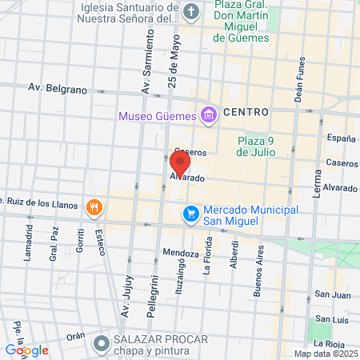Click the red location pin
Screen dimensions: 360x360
pos(180,162)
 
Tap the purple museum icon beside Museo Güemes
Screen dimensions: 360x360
pos(209,116)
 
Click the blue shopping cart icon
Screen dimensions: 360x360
pos(190,214)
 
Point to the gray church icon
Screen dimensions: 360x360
pos(191,13)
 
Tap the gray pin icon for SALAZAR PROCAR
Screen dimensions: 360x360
pos(101,344)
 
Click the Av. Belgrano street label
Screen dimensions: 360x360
pos(57,89)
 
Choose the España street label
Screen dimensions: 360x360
pos(342,138)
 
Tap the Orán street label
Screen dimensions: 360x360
pos(76,337)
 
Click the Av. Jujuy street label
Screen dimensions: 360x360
pos(129,282)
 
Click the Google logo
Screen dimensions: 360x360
pos(27,350)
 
